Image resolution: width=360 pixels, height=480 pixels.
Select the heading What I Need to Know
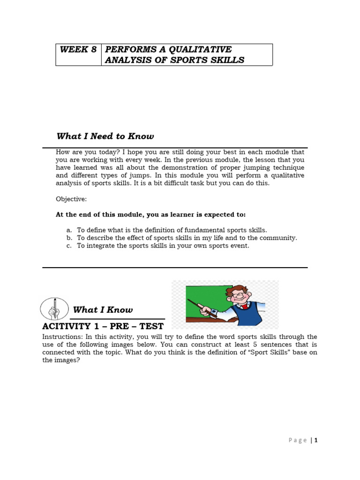click(x=105, y=136)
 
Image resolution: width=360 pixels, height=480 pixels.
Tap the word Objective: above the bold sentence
click(x=71, y=199)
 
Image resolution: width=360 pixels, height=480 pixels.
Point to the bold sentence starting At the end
click(x=150, y=214)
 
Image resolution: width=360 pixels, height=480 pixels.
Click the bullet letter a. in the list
click(x=69, y=230)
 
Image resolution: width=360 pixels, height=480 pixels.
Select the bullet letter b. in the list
click(x=69, y=238)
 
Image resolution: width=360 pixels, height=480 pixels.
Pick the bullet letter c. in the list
click(x=69, y=246)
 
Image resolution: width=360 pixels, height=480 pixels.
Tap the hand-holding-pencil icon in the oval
click(x=54, y=309)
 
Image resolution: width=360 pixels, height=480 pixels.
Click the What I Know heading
click(x=103, y=310)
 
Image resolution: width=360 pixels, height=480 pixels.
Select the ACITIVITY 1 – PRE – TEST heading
click(x=103, y=326)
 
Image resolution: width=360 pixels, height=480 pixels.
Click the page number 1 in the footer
click(x=316, y=440)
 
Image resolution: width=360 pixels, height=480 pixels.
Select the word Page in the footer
click(x=298, y=440)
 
